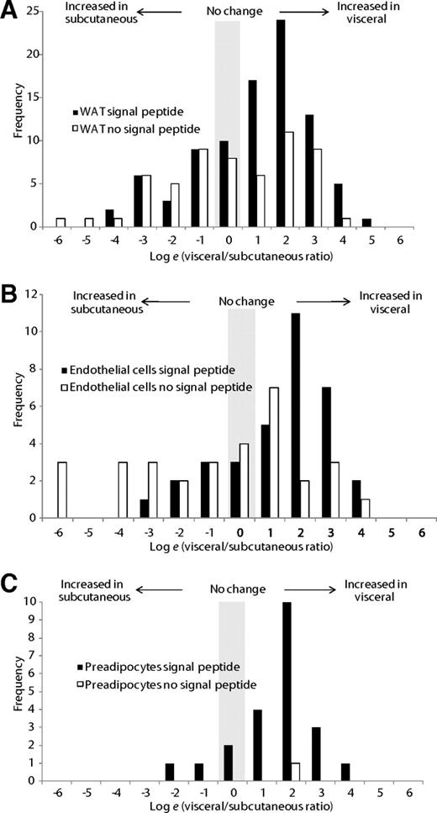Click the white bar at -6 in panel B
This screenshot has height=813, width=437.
[x=61, y=489]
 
